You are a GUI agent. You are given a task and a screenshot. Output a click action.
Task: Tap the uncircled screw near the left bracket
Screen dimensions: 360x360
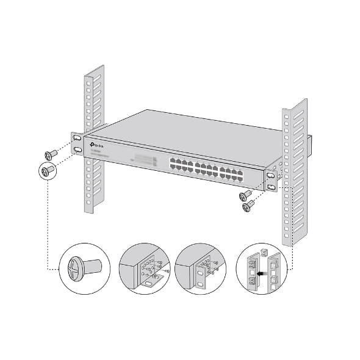tap(51, 155)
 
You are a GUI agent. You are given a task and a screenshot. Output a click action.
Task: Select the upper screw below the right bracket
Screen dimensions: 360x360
tap(246, 196)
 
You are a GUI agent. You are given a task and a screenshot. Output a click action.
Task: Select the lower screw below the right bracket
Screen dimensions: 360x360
tap(248, 207)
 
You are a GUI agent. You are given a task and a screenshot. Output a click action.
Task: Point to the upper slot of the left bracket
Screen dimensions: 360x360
tap(78, 139)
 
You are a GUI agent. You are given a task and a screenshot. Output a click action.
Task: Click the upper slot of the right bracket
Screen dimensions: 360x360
tap(270, 176)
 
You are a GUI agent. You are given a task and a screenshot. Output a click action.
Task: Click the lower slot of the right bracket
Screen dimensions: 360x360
tap(270, 187)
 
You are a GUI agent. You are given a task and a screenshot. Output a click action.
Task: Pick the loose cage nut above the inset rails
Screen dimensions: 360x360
tap(263, 251)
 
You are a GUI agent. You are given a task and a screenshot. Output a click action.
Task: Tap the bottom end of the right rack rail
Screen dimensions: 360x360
tap(292, 241)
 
